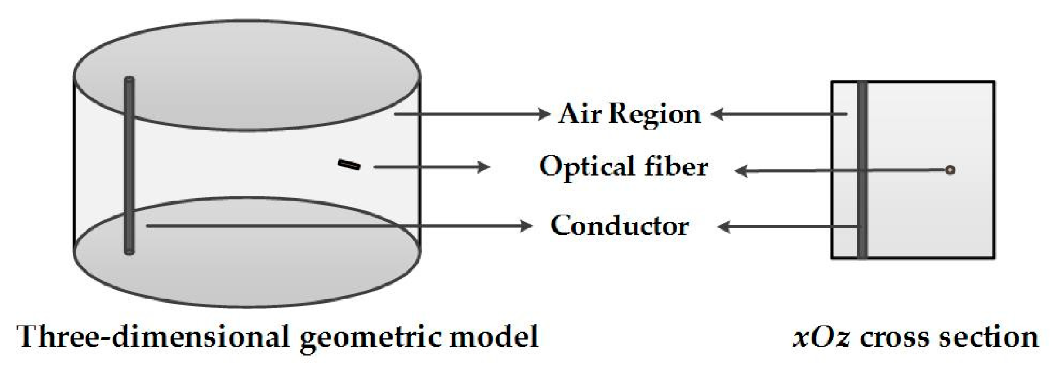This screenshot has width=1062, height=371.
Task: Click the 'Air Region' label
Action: point(629,114)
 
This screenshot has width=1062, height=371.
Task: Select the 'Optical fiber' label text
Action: point(624,167)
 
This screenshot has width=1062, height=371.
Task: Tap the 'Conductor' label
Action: point(620,225)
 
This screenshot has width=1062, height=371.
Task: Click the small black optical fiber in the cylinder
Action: point(349,165)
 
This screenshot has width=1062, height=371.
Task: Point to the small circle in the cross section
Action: point(950,170)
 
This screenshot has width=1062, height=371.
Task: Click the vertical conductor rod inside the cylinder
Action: point(129,166)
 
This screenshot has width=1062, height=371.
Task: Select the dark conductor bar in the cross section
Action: point(861,170)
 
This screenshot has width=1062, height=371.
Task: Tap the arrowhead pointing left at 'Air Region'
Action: point(717,114)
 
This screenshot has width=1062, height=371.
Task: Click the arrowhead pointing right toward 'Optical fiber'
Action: point(484,167)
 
